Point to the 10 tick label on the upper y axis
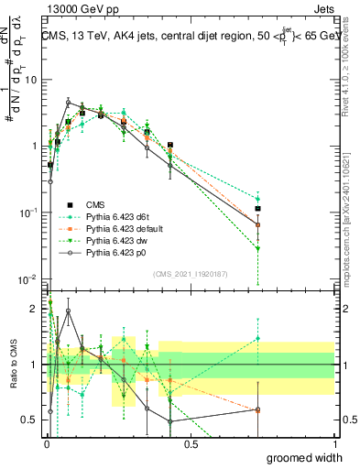[x=29, y=80]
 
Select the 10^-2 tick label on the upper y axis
[x=27, y=278]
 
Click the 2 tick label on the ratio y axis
[x=35, y=309]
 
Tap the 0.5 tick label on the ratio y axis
[x=30, y=420]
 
